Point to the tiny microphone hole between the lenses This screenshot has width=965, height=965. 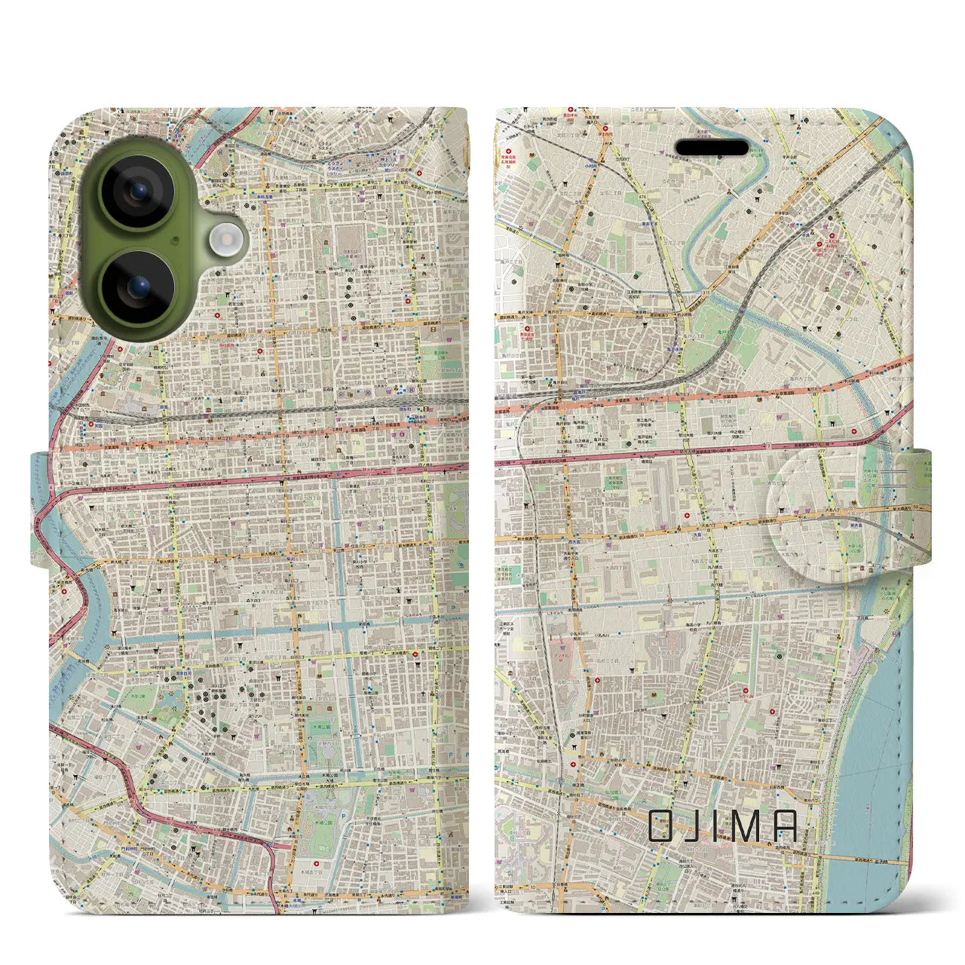click(x=176, y=240)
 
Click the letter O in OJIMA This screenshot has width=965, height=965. click(x=663, y=826)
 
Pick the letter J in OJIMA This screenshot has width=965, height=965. click(x=696, y=826)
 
